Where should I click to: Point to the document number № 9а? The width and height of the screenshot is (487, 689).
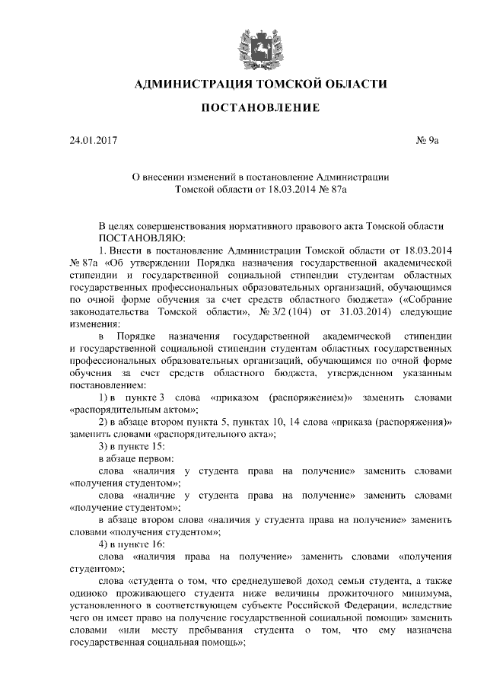coord(427,140)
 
